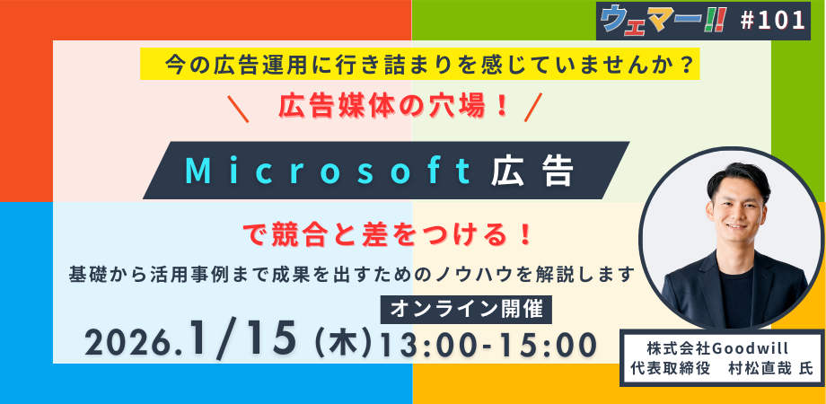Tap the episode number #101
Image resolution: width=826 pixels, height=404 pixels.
[773, 21]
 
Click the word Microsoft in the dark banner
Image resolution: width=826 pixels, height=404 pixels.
[329, 171]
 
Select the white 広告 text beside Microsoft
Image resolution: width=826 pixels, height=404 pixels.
[532, 171]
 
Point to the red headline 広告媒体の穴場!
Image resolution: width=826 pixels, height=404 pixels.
[392, 108]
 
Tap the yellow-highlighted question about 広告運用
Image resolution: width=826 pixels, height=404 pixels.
[420, 65]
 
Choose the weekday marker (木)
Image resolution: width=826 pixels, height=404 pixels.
[342, 345]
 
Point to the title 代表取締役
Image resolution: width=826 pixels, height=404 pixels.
[663, 369]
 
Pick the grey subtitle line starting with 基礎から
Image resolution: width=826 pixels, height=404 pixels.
[351, 275]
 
